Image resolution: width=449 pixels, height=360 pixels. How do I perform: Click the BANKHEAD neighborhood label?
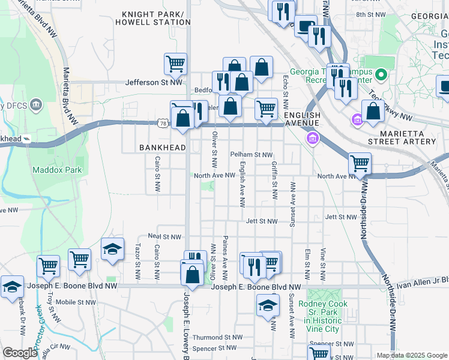tap(161, 147)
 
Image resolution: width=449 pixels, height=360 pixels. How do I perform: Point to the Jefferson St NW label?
tap(153, 83)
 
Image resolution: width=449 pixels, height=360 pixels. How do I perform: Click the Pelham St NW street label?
tap(252, 154)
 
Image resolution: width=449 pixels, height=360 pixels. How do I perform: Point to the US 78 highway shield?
tap(163, 123)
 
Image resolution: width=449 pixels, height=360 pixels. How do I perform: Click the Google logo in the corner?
tap(20, 353)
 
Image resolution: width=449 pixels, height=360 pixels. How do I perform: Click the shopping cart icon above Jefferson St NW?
tap(175, 64)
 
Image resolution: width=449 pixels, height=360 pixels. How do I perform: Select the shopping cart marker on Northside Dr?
tap(360, 163)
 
